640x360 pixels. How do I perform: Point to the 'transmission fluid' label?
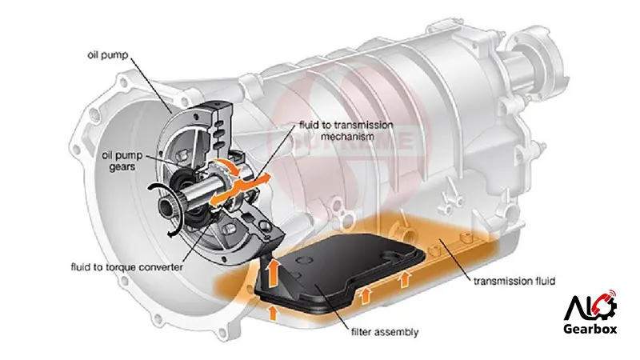(514, 281)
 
